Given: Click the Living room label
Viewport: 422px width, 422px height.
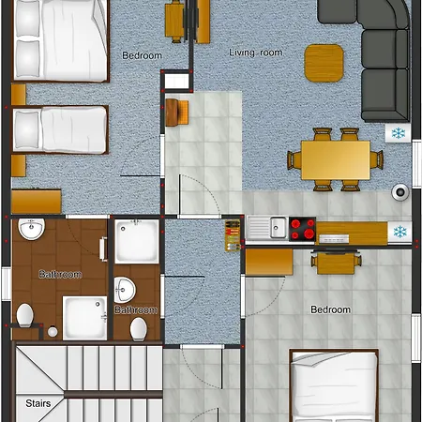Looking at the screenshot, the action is click(x=256, y=53).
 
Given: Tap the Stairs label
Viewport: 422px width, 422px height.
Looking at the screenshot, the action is click(x=38, y=403).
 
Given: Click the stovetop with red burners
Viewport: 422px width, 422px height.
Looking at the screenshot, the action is click(x=302, y=229).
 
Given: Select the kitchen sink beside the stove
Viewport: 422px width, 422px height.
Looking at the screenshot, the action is click(x=266, y=228).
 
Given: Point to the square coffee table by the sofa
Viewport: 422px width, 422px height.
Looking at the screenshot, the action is click(x=324, y=63).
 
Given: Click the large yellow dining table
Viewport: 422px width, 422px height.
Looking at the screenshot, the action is click(x=336, y=160).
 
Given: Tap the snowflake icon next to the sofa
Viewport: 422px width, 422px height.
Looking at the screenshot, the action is click(x=399, y=133).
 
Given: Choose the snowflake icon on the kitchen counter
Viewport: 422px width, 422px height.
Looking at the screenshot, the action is click(x=400, y=232).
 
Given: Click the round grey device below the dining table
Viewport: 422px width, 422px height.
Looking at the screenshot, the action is click(x=400, y=191).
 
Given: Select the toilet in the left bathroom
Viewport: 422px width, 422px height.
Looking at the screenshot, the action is click(x=25, y=315).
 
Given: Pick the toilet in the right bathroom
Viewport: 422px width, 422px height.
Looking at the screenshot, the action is click(x=138, y=329).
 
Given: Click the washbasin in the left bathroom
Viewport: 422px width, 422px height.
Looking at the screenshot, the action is click(x=31, y=229).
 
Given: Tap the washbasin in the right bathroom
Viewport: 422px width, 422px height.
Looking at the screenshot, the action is click(x=125, y=290).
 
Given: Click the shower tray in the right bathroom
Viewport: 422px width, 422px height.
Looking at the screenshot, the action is click(x=137, y=241).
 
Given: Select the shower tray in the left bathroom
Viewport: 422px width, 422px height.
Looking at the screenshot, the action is click(x=85, y=318).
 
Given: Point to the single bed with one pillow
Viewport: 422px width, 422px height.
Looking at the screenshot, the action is click(x=60, y=129).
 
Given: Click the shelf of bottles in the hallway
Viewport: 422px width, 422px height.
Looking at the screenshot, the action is click(x=233, y=235).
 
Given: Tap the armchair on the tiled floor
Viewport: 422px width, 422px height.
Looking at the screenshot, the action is click(x=176, y=113).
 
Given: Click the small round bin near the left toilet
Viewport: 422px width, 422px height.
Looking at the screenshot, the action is click(x=53, y=332).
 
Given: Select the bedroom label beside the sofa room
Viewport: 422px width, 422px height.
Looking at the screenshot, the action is click(x=142, y=55).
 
